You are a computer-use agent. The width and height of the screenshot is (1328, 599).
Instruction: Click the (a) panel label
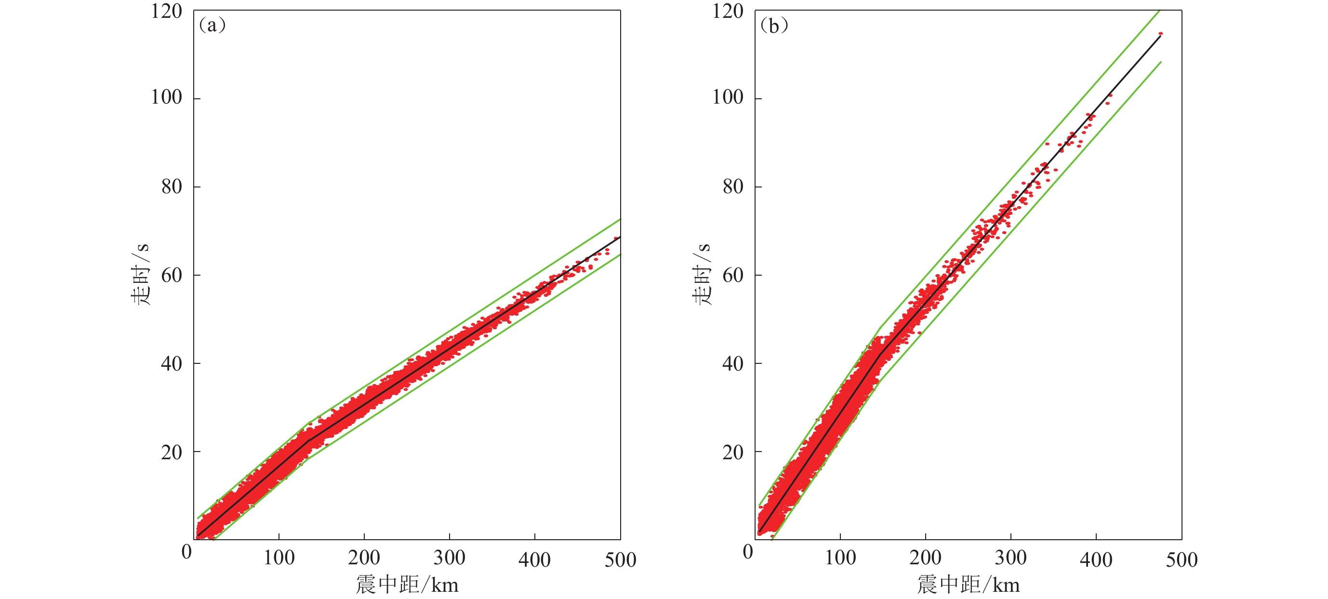(212, 25)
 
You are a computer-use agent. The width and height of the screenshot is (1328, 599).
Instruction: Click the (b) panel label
(774, 25)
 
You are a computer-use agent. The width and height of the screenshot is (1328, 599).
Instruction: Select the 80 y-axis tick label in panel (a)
(171, 186)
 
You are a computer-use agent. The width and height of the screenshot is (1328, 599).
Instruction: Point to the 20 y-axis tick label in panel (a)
(171, 452)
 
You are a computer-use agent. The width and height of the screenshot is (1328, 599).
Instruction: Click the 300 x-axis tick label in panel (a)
(449, 558)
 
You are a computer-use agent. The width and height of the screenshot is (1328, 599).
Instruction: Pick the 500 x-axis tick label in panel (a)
(620, 560)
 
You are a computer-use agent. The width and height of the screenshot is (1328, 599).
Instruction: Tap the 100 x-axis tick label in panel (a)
(279, 558)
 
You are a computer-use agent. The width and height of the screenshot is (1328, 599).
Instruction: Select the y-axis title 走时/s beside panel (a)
(140, 274)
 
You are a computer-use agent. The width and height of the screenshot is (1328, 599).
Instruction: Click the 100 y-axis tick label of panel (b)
(728, 97)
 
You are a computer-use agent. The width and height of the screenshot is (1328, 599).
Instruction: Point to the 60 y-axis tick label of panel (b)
(732, 275)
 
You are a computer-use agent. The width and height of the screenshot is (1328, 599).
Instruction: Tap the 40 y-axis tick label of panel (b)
(732, 364)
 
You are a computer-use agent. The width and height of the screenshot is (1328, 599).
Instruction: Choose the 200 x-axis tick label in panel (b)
(925, 558)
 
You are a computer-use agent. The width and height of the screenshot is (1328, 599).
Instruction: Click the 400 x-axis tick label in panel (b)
(1096, 560)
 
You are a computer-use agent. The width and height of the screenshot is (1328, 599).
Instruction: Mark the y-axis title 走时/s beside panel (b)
(701, 274)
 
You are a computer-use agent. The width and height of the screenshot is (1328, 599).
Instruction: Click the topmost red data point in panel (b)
(1160, 34)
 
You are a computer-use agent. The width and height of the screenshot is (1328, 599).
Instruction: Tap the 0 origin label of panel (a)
(186, 552)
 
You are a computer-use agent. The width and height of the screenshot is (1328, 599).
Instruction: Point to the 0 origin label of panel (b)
(748, 552)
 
